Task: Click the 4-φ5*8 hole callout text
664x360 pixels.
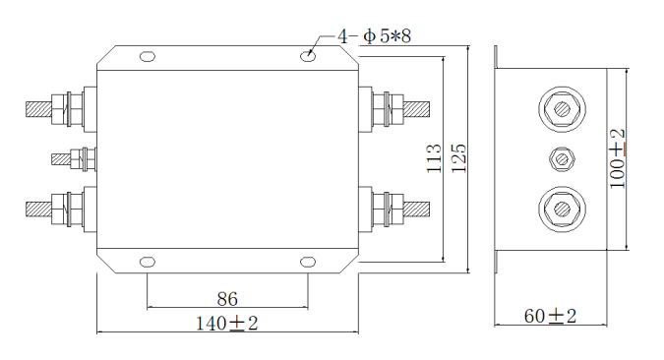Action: click(x=375, y=36)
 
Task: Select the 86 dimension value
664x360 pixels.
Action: click(x=227, y=299)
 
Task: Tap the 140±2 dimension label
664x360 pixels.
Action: click(x=226, y=324)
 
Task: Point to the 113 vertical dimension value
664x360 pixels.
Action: click(x=433, y=158)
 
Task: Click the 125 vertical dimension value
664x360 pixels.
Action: click(x=458, y=158)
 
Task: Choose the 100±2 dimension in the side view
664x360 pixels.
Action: click(x=617, y=158)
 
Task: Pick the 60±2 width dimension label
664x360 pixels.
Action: click(x=550, y=316)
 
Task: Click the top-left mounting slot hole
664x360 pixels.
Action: click(x=148, y=56)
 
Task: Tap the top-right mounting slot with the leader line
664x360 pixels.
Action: click(x=308, y=56)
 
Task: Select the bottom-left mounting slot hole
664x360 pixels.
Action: click(x=148, y=263)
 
